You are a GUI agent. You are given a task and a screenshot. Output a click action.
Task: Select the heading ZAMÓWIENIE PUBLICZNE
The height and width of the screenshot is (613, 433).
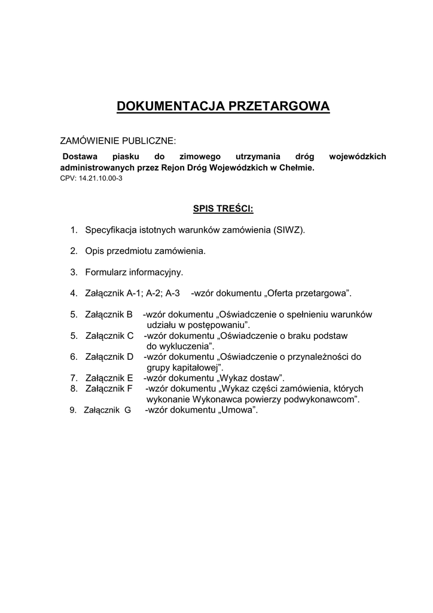click(x=118, y=141)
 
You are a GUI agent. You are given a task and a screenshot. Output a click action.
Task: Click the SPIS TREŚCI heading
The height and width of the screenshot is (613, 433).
click(x=223, y=208)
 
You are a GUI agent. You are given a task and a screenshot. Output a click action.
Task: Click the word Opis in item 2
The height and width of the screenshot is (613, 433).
click(x=94, y=251)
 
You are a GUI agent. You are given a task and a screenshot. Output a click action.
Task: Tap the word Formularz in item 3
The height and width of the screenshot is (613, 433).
click(x=106, y=272)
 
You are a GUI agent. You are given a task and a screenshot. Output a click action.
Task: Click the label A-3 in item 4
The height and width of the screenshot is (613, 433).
click(x=173, y=293)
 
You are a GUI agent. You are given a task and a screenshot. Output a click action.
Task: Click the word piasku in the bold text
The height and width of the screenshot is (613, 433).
click(x=124, y=157)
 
